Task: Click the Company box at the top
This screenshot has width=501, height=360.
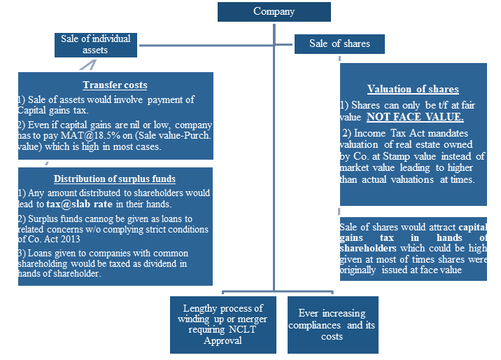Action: [274, 11]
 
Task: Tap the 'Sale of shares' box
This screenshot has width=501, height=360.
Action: [339, 43]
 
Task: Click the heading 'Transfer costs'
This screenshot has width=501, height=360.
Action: [115, 85]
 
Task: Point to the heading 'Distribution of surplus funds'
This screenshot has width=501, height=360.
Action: [115, 179]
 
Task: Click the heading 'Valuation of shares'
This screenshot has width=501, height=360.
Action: [413, 90]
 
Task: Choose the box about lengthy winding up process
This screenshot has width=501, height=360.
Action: [222, 325]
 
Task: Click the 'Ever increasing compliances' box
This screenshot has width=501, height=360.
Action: [332, 325]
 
